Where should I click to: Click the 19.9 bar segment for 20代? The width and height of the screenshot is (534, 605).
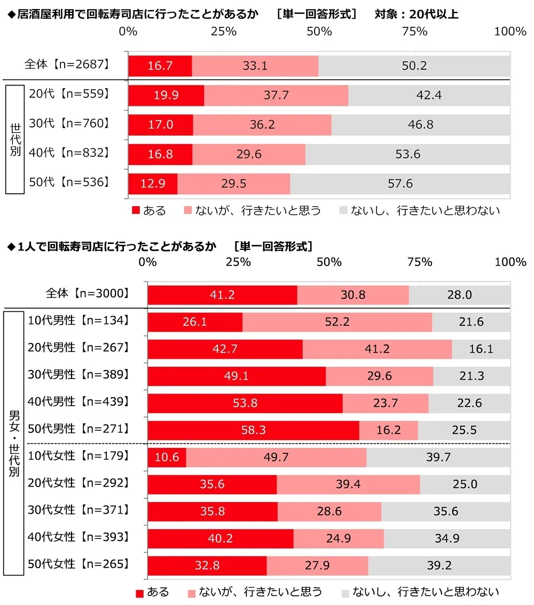tap(166, 96)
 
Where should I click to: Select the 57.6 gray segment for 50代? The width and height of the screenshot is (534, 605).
tap(400, 184)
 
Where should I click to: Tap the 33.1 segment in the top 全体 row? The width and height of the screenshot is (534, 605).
tap(255, 66)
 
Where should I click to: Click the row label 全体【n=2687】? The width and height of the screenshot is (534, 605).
tap(67, 65)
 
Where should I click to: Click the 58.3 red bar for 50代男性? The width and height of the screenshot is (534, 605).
tap(253, 430)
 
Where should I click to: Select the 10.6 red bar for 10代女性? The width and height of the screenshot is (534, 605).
tap(167, 457)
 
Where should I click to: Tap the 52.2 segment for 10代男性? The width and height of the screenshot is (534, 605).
tap(337, 322)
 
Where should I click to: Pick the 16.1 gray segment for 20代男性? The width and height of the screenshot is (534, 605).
tap(481, 349)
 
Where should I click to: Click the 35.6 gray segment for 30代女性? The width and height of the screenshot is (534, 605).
tap(445, 512)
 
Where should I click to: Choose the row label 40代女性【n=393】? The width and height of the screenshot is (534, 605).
tap(78, 537)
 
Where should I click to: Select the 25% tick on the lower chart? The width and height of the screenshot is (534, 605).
tap(238, 262)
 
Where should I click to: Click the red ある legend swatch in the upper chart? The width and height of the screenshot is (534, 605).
tap(135, 211)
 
